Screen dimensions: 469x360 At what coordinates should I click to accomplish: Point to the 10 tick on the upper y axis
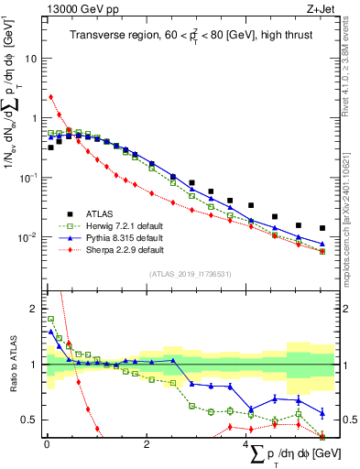(32, 58)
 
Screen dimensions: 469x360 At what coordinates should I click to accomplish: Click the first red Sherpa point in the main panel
(51, 96)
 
